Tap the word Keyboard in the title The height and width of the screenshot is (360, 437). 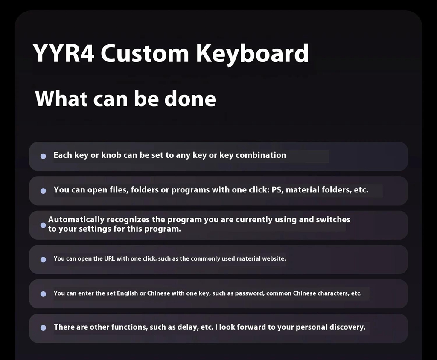pyautogui.click(x=253, y=54)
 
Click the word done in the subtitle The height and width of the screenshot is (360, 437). pyautogui.click(x=190, y=99)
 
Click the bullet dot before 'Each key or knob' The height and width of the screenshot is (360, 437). pyautogui.click(x=43, y=156)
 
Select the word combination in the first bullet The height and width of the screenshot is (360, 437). pyautogui.click(x=261, y=155)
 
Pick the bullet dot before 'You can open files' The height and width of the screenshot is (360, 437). pyautogui.click(x=43, y=191)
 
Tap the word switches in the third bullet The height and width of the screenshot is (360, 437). pyautogui.click(x=333, y=220)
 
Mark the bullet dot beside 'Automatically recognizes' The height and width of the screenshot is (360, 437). pyautogui.click(x=43, y=225)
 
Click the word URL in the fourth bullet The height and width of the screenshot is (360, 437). pyautogui.click(x=109, y=258)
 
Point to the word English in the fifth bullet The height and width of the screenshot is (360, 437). pyautogui.click(x=127, y=293)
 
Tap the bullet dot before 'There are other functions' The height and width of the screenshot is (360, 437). pyautogui.click(x=43, y=328)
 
